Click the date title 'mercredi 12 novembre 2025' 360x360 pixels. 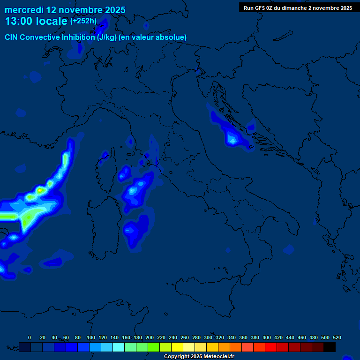(x=65, y=10)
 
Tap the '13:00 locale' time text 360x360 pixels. (x=36, y=21)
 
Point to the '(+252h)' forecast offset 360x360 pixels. (x=83, y=21)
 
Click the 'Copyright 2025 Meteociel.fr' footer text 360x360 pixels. (x=199, y=357)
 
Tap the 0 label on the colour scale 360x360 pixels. (x=30, y=337)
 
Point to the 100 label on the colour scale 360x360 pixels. (x=91, y=337)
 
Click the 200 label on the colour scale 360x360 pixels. (x=150, y=337)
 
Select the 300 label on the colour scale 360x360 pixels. (x=208, y=337)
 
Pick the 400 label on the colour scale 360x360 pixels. (x=267, y=337)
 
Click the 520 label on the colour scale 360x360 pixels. (x=337, y=337)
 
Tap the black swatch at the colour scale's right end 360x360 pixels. (x=330, y=347)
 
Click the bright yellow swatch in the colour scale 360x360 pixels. (x=177, y=347)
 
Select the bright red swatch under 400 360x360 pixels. (x=271, y=347)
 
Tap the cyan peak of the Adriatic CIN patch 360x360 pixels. (x=232, y=139)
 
